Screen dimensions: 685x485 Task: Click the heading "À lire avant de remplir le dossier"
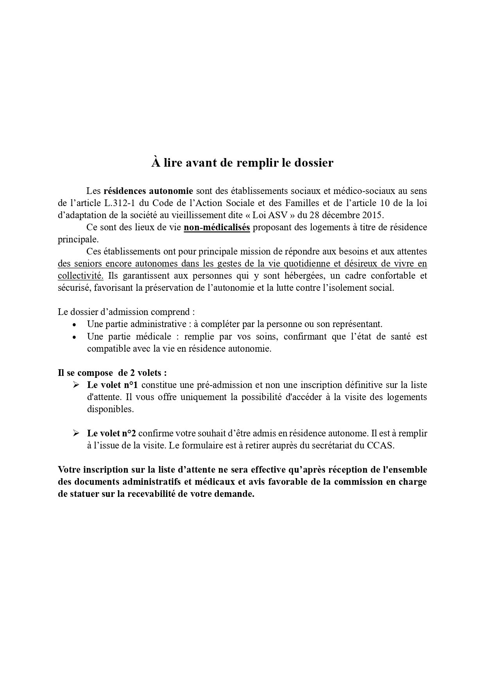242,163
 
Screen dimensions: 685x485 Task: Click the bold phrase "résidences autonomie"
148,191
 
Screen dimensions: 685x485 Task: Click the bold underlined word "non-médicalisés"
217,227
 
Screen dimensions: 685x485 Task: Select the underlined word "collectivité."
81,276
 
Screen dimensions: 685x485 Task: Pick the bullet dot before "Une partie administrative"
74,325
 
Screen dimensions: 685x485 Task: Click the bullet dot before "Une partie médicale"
74,337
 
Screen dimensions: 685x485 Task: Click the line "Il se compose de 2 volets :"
115,372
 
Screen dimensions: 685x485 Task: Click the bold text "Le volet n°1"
113,385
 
